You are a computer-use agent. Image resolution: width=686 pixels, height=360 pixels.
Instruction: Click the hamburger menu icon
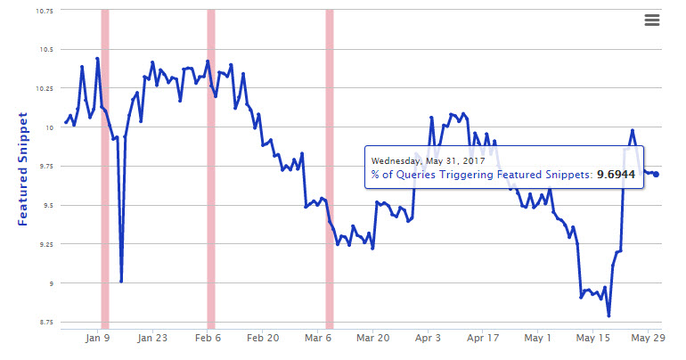(x=651, y=20)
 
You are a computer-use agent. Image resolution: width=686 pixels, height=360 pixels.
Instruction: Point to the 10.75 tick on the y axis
(x=42, y=11)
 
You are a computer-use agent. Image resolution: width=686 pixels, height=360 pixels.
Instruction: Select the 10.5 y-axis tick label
(x=45, y=50)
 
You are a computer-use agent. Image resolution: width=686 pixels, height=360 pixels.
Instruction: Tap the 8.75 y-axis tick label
(x=45, y=322)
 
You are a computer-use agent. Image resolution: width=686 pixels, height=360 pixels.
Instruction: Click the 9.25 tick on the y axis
(x=45, y=244)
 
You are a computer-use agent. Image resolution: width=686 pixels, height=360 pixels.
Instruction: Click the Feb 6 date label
(x=208, y=339)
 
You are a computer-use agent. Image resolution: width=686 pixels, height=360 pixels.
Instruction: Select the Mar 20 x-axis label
(x=372, y=339)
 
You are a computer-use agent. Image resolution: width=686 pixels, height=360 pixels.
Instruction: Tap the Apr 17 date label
(x=483, y=339)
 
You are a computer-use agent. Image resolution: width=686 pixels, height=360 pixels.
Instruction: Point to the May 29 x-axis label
(x=648, y=339)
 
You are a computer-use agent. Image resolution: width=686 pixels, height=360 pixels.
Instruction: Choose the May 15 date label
(x=592, y=339)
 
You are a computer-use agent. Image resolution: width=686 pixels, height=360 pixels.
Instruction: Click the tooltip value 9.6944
(x=615, y=175)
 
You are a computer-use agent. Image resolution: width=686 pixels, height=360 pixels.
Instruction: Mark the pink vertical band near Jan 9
(x=105, y=169)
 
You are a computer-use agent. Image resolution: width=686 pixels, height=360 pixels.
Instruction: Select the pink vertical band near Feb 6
(x=211, y=169)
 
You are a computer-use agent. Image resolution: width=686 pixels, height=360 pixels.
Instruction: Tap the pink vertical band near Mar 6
(x=330, y=169)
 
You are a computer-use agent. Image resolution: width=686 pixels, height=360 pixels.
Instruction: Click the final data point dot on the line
(x=657, y=174)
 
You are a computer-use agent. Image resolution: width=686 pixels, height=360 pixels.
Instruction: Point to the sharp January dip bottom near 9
(x=121, y=281)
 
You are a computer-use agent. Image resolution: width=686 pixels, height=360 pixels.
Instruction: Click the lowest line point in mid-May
(x=608, y=315)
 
